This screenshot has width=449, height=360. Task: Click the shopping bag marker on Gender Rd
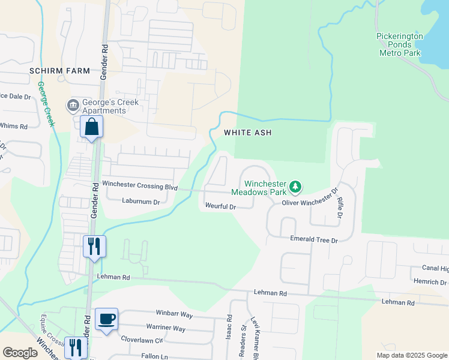[x=91, y=127]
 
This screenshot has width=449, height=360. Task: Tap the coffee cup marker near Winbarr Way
[x=106, y=319]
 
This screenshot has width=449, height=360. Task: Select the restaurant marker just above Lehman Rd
[x=94, y=247]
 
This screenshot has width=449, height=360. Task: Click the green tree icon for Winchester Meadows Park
[x=295, y=187]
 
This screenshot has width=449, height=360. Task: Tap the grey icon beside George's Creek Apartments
[x=73, y=106]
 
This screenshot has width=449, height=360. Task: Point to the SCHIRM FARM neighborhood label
[x=59, y=71]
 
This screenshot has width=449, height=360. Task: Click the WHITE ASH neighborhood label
[x=244, y=132]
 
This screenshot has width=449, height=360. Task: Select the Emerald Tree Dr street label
[x=314, y=239]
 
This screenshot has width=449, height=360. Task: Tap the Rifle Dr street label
[x=340, y=206]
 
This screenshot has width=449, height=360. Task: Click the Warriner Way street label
[x=166, y=328]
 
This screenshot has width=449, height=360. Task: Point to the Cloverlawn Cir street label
[x=142, y=340]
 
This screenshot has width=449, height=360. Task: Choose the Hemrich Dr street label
[x=430, y=282]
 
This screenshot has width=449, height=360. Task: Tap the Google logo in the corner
[x=20, y=353]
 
